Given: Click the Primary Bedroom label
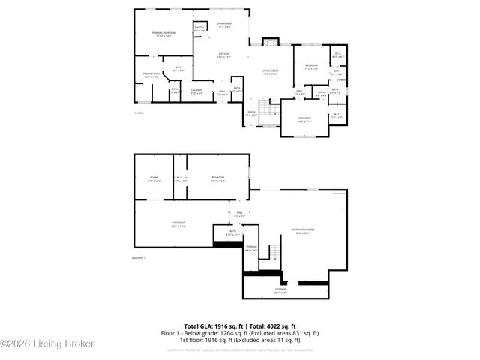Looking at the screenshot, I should (x=163, y=34).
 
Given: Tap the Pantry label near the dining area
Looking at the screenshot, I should (x=199, y=28).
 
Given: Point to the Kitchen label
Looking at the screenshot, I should (x=223, y=55).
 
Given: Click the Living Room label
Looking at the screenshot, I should (x=270, y=72).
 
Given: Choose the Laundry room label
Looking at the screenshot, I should (x=196, y=91).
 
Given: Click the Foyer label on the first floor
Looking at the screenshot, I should (x=252, y=113).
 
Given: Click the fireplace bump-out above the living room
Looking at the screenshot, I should (x=268, y=41).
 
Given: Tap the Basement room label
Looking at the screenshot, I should (x=178, y=224).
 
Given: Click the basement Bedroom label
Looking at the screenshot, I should (x=217, y=179).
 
